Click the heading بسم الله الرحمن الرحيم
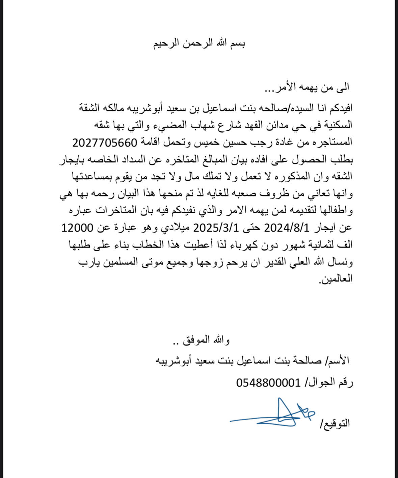point(199,44)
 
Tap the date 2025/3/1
point(216,228)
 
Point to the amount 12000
point(77,228)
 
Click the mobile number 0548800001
point(268,383)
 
